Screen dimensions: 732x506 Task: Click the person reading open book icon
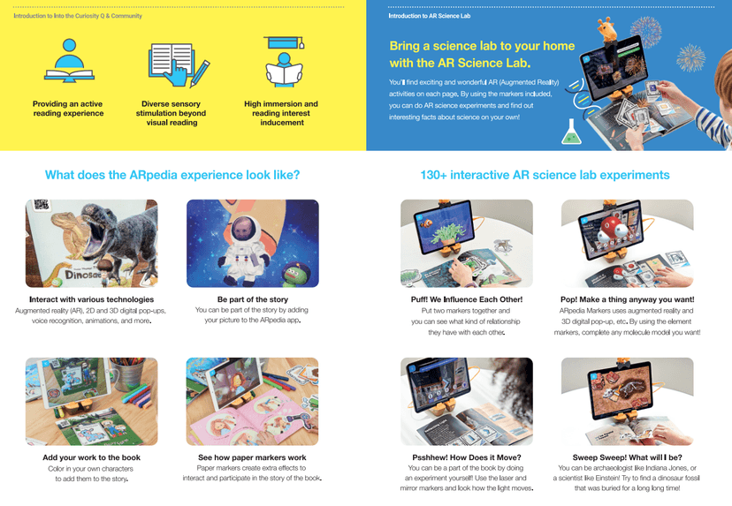coord(69,61)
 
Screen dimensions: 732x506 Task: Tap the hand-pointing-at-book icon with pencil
coord(179,64)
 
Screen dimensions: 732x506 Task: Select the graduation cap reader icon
coord(284,62)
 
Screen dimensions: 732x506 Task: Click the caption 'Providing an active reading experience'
coord(68,109)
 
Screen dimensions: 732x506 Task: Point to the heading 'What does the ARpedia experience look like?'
coord(172,175)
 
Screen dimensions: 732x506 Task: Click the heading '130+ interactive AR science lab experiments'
coord(545,175)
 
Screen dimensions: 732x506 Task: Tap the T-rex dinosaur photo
coord(92,244)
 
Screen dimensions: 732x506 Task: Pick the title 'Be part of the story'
coord(253,299)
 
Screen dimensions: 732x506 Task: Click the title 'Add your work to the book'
coord(92,457)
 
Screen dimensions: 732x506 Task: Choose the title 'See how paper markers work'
coord(252,457)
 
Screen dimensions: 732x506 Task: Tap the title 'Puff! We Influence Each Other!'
coord(467,299)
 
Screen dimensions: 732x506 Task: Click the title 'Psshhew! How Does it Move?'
coord(467,457)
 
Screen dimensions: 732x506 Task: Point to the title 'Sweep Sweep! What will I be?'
coord(628,457)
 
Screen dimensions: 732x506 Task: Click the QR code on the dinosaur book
coord(41,204)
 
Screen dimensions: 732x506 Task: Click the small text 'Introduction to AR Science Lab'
coord(430,16)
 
